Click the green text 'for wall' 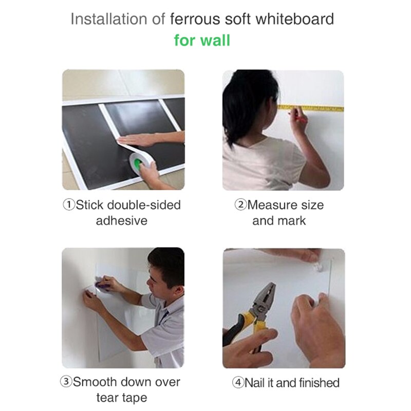[202, 40]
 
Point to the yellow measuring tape [313, 108]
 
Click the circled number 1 [69, 205]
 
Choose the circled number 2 [241, 205]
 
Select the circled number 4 [238, 383]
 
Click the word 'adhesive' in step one [122, 221]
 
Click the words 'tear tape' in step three [122, 398]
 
